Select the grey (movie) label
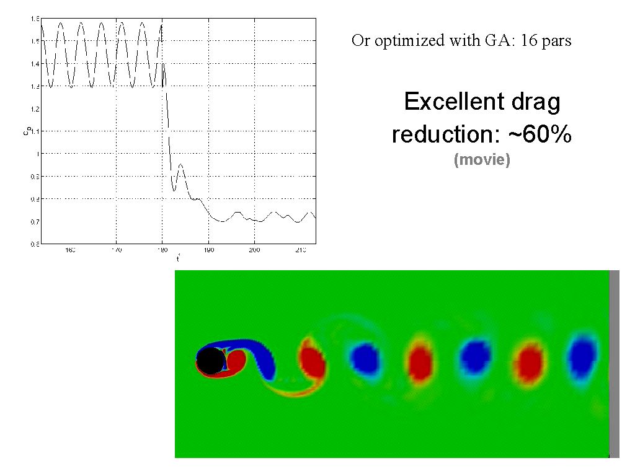[482, 160]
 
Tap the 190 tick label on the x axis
[208, 250]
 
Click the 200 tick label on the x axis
[254, 250]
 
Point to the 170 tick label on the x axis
[116, 250]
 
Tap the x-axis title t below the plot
[178, 258]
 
